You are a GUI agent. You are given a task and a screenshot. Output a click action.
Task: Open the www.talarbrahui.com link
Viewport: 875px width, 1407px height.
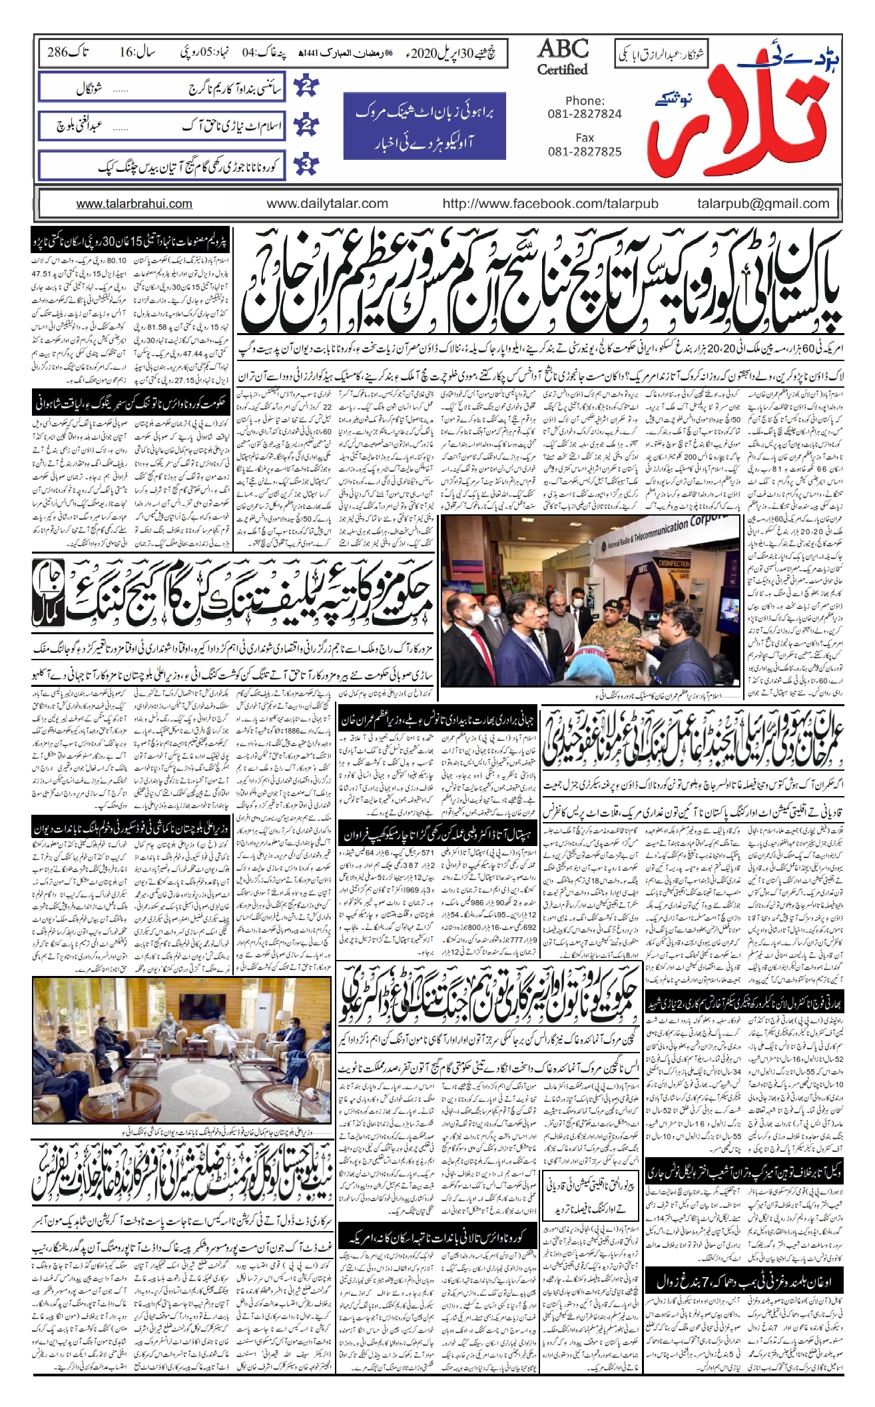pos(135,204)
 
